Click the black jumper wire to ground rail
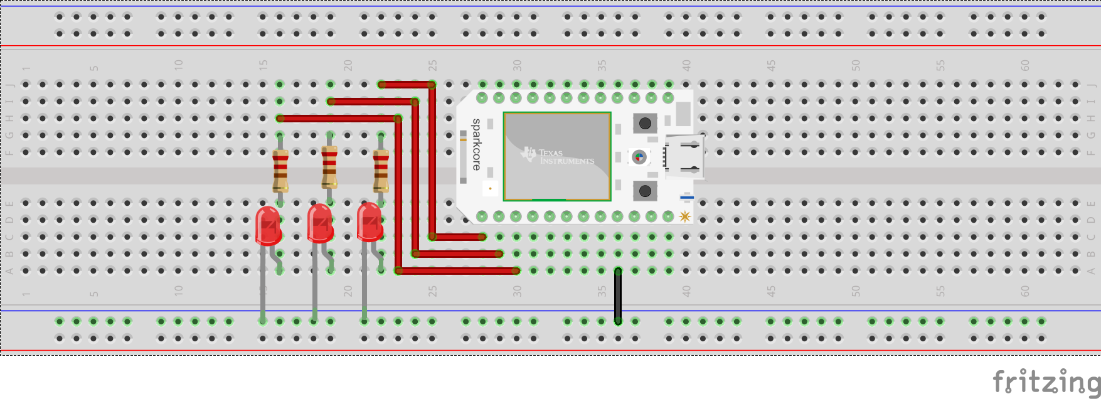point(618,296)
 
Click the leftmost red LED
point(268,225)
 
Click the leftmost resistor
point(280,171)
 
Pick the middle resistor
point(329,167)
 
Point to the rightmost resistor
point(381,171)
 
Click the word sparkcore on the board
point(477,144)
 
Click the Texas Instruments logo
point(556,156)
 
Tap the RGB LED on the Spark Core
point(639,157)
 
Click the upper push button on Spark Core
point(645,123)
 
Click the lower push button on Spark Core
point(645,191)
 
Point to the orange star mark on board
point(684,216)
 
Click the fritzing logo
point(1046,381)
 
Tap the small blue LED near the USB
point(687,198)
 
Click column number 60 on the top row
point(1024,65)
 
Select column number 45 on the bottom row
point(771,291)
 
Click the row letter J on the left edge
point(10,85)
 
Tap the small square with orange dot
point(490,188)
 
